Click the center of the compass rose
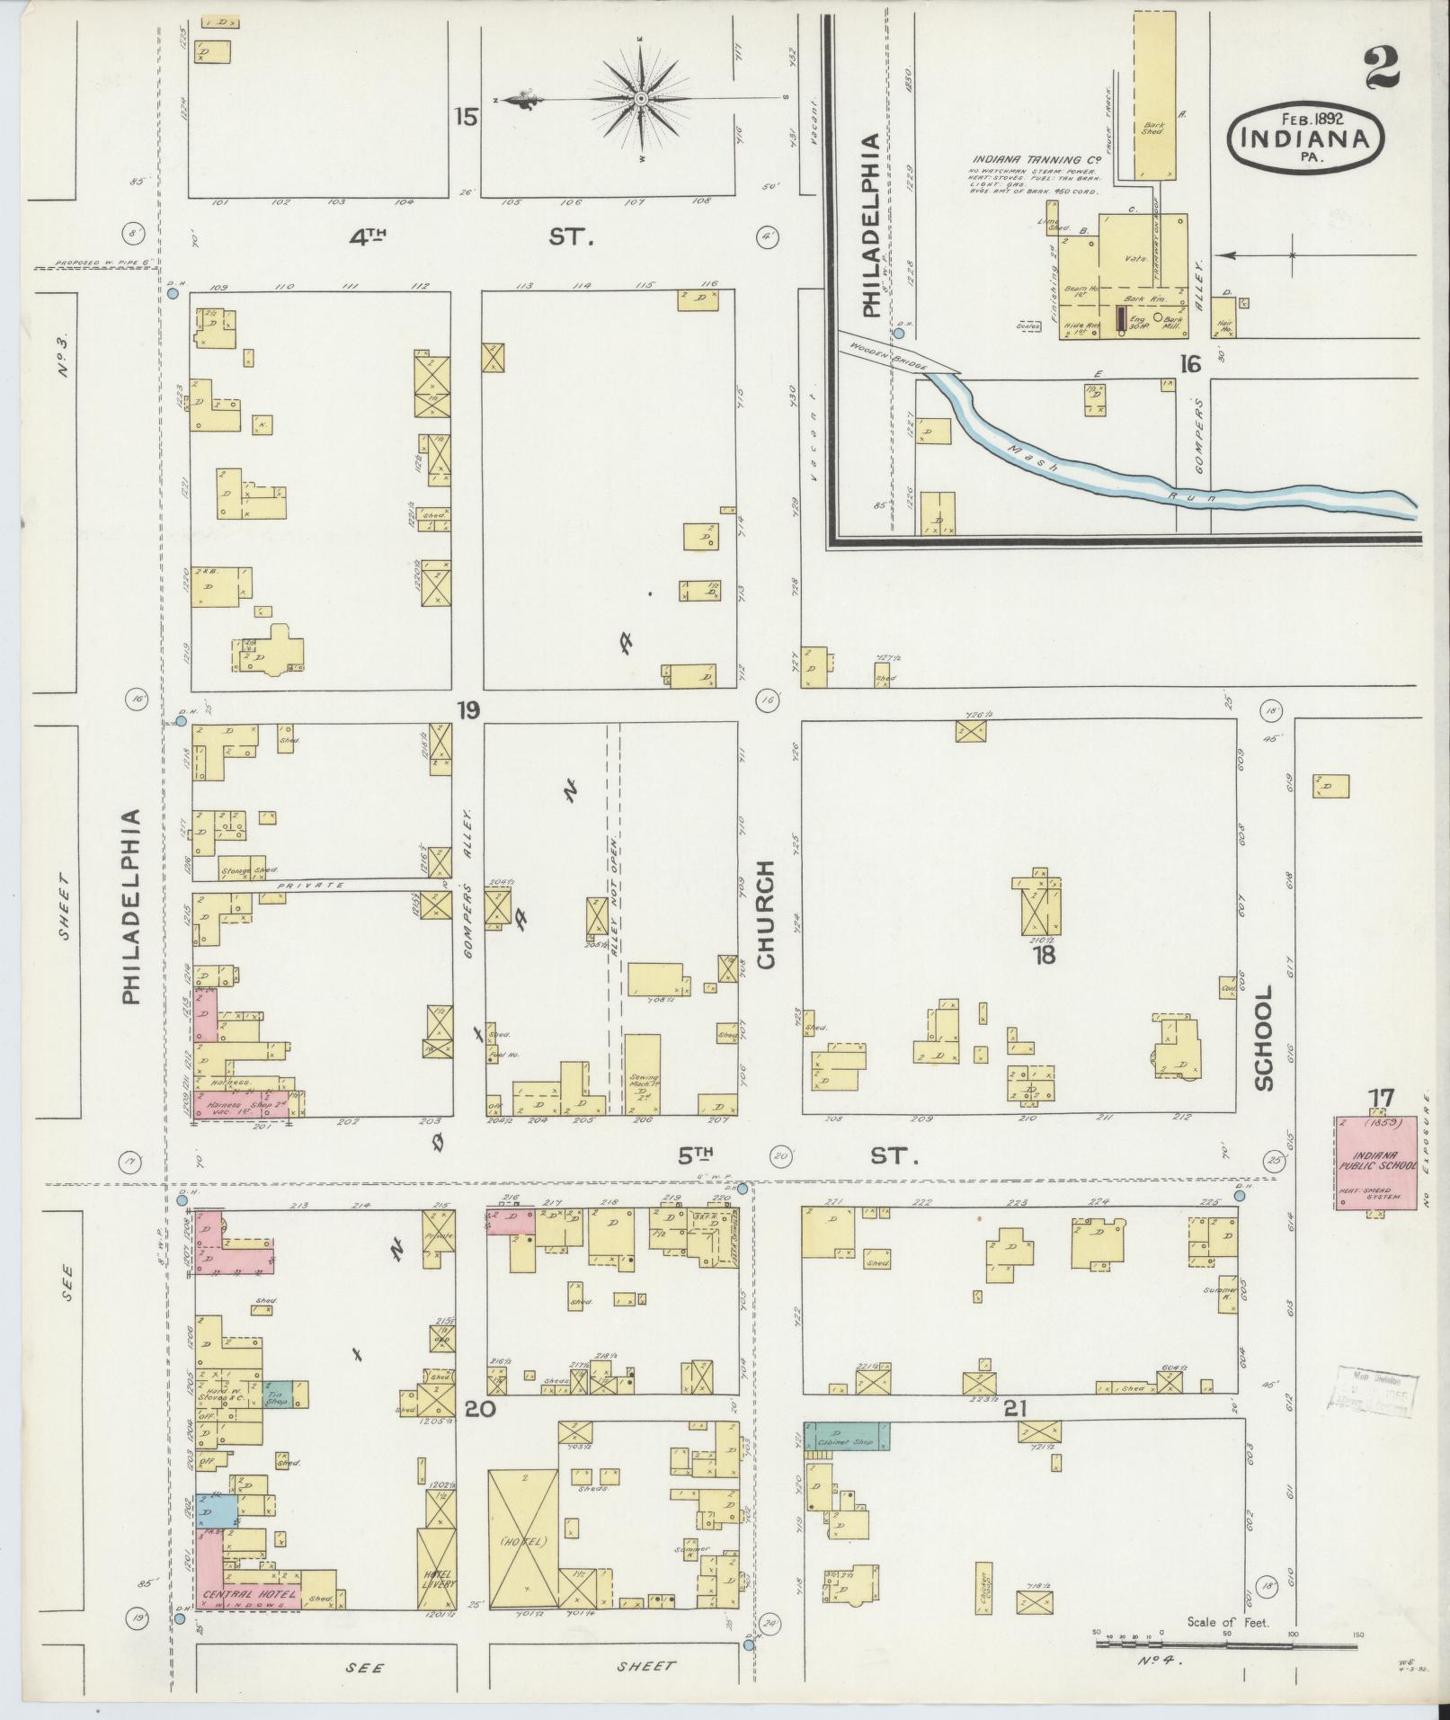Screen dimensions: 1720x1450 [642, 98]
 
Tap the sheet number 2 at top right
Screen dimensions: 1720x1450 [1381, 69]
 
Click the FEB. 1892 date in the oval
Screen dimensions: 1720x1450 [1304, 120]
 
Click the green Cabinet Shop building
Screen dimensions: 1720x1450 [846, 1437]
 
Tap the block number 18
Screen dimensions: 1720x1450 [1044, 955]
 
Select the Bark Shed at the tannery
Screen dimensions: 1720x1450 [1154, 94]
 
